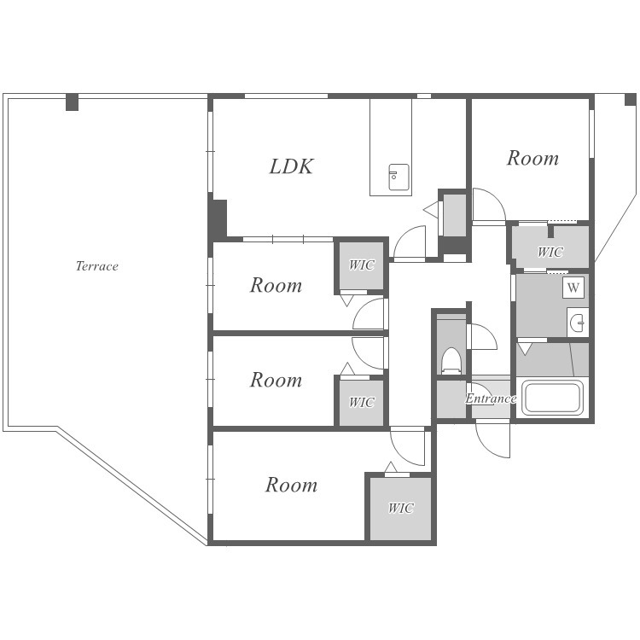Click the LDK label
292,166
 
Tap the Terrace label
97,266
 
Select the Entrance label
491,399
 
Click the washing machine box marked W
573,288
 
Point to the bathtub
554,397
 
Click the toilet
451,360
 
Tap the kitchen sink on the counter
399,177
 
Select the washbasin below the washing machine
578,323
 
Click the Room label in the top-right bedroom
532,158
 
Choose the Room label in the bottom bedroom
292,485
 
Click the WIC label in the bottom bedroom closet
401,508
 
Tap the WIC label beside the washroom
550,252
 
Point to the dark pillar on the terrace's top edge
73,102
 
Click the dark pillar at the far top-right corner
631,100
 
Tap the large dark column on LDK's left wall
218,218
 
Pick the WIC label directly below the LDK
362,265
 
